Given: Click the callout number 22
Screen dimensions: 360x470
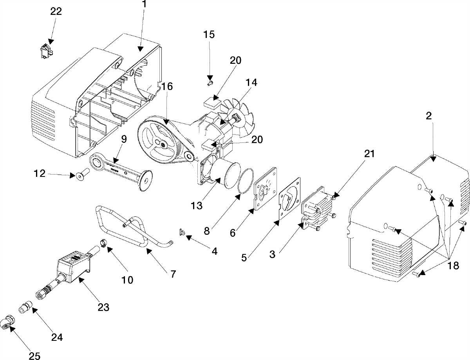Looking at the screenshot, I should (x=56, y=11).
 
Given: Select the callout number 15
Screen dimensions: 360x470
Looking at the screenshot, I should (x=209, y=34).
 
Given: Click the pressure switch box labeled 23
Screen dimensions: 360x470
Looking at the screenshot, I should (x=74, y=266).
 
